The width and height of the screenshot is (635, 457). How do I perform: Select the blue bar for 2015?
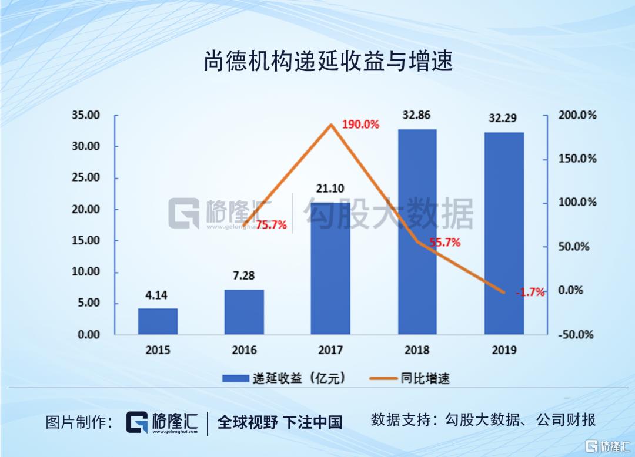(158, 321)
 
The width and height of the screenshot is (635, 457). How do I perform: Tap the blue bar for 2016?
(244, 312)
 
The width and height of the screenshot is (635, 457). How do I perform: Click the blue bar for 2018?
(417, 231)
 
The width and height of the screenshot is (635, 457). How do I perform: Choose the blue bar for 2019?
(503, 233)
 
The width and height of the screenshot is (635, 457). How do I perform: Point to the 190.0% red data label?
(360, 125)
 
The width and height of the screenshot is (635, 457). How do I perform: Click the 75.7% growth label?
(271, 224)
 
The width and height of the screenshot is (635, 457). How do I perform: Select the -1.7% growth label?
(530, 293)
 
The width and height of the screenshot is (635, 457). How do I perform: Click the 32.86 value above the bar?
(416, 115)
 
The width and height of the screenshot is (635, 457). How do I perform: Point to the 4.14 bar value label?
(158, 296)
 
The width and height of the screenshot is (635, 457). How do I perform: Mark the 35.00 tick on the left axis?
(86, 115)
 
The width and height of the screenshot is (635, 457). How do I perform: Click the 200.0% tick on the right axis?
(577, 115)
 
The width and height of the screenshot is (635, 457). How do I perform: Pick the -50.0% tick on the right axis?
(577, 335)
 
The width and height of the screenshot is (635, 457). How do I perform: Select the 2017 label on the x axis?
(330, 350)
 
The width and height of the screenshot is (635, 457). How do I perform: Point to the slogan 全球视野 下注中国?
(280, 421)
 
